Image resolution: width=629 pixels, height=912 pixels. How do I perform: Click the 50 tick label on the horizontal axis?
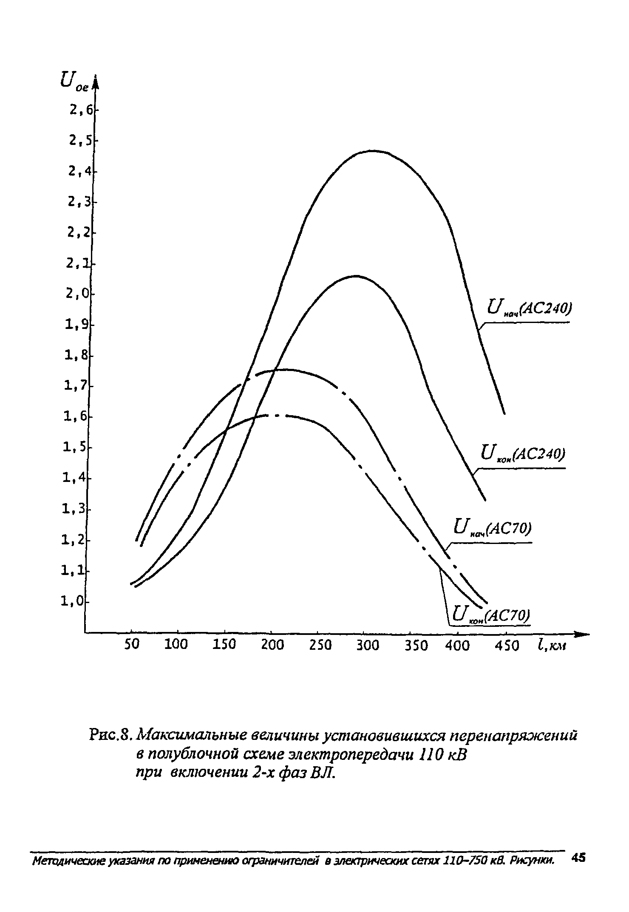(x=131, y=645)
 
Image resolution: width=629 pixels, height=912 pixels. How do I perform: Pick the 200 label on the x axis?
(x=272, y=645)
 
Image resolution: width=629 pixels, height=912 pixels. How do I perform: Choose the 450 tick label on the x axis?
(x=507, y=646)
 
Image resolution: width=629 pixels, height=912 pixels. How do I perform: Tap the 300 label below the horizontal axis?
(x=367, y=645)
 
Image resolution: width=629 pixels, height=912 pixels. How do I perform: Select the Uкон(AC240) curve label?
(x=522, y=454)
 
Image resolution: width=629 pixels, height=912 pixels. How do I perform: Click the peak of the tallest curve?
(x=372, y=150)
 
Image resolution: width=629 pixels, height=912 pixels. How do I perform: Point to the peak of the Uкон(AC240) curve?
(x=355, y=276)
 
